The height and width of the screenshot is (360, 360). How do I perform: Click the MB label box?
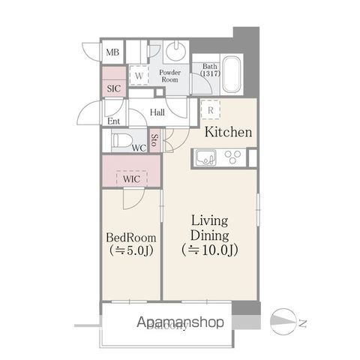112,52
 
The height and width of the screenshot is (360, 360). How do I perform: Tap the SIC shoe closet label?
113,87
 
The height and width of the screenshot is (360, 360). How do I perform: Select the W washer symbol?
139,75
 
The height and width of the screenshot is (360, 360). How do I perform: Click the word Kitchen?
228,133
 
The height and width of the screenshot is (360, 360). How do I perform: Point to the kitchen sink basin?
205,157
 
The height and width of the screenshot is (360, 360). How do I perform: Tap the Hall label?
157,112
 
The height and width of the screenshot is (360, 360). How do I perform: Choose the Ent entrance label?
113,121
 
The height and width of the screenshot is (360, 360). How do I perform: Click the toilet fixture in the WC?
120,139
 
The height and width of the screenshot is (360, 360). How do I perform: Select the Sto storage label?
154,139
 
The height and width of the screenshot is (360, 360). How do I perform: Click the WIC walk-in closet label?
131,179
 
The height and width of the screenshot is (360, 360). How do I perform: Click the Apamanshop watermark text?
179,323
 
